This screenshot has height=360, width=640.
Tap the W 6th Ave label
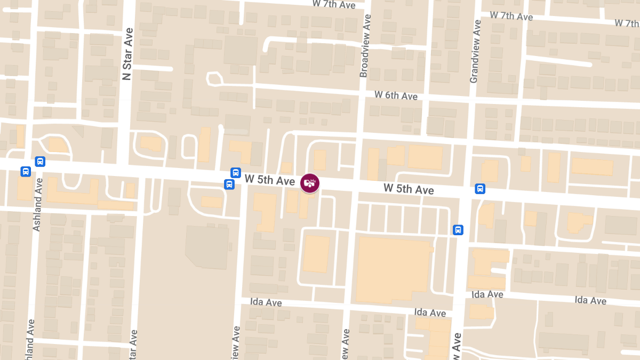396,95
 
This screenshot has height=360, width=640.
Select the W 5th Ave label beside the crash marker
270,180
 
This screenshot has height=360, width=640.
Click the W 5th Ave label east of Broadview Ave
409,189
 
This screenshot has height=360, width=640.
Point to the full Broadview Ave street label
365,46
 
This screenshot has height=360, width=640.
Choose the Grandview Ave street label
475,51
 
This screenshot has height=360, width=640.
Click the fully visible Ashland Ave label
37,204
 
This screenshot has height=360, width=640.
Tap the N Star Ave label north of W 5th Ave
127,54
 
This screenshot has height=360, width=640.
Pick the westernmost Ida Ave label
266,302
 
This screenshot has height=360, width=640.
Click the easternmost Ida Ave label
590,300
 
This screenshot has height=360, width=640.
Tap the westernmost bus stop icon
26,172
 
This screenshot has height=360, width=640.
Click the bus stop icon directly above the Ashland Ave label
40,161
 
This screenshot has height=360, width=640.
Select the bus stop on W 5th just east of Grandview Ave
480,188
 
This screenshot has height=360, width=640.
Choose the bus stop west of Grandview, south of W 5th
458,230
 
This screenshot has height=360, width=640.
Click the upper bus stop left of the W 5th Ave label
235,173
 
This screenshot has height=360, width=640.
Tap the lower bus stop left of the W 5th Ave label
229,185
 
